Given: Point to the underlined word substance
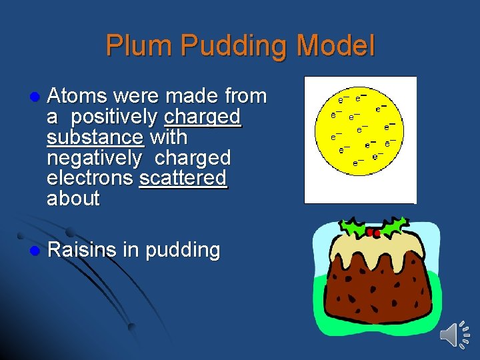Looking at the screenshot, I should pos(95,138).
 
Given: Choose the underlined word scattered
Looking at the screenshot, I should pos(183,178).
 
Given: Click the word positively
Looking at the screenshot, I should pos(114,117).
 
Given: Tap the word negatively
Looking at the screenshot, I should pos(95,159).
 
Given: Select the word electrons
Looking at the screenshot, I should pos(91,178).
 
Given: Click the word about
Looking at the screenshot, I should pos(73,199).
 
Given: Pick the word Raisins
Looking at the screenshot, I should pos(82,251).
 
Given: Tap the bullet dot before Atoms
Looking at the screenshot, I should pos(27,97).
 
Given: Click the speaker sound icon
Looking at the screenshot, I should pos(455,333).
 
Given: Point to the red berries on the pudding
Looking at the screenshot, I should pos(373,233).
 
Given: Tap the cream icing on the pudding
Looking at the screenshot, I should pos(373,250).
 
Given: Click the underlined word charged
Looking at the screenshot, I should pos(202,117).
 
